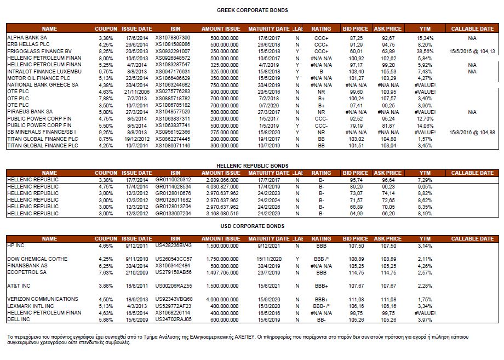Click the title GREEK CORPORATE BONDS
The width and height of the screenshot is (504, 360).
tap(252, 10)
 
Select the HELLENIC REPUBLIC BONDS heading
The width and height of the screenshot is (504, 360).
tap(252, 165)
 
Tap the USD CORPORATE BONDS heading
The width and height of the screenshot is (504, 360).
tap(252, 226)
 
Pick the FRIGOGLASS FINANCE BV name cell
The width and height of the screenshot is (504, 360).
tap(39, 51)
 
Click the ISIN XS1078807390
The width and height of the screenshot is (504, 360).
tap(173, 37)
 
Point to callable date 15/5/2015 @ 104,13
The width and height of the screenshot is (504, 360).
tap(472, 51)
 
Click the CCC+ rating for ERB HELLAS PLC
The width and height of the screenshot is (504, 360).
tap(321, 44)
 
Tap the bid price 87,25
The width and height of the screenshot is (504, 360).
tap(356, 37)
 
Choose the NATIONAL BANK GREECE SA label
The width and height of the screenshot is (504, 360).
tap(42, 85)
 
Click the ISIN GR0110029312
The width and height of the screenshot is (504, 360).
tap(173, 180)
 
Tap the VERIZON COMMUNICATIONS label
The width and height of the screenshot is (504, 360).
tap(42, 299)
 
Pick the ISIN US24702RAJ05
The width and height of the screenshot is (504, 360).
tap(173, 319)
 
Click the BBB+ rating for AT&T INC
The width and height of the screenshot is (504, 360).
tap(321, 285)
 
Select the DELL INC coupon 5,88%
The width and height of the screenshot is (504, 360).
tap(105, 319)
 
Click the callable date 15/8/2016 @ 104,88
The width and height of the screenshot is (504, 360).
tap(472, 132)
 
